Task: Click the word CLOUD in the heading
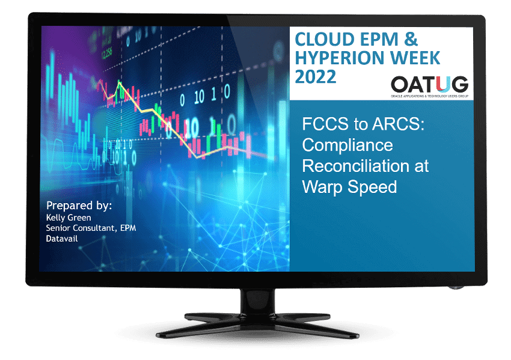tap(322, 40)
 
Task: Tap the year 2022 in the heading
tap(316, 78)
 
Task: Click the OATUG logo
tap(429, 85)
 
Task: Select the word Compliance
tap(347, 145)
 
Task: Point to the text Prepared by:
tap(79, 206)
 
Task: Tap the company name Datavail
tap(63, 238)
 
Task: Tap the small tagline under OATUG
tap(429, 96)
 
